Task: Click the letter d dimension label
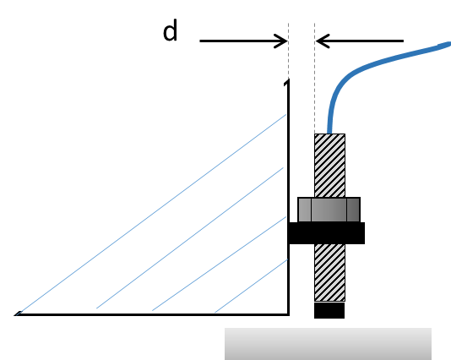[170, 31]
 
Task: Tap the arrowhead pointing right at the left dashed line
[281, 41]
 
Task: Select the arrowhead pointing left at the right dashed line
[322, 41]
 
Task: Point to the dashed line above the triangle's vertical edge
[289, 51]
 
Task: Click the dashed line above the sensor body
[315, 79]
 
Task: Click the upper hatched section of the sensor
[329, 166]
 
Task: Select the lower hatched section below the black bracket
[329, 272]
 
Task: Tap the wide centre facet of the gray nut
[329, 210]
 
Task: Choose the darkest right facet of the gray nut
[353, 210]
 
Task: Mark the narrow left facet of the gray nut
[305, 210]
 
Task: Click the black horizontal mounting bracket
[327, 233]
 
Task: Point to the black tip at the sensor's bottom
[329, 310]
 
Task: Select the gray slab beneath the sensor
[328, 344]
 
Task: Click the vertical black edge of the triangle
[289, 197]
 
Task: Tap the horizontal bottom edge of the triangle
[152, 314]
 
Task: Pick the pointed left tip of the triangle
[15, 315]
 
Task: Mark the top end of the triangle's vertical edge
[288, 79]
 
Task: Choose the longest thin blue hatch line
[151, 215]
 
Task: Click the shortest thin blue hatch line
[252, 286]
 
